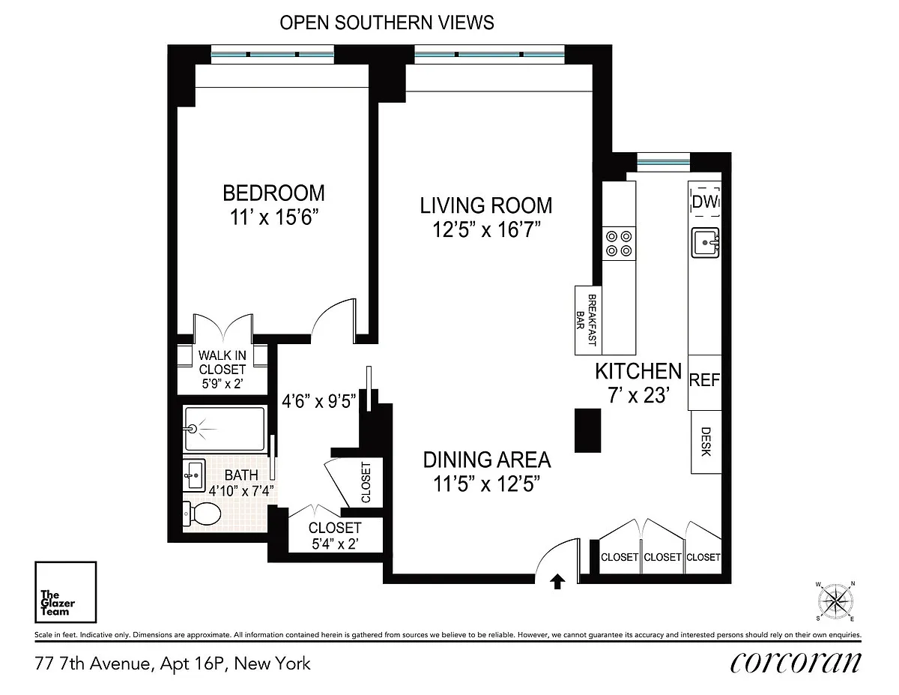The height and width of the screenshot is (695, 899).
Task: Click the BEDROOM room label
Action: coord(273,193)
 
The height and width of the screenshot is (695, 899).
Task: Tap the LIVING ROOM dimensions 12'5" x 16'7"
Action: coord(486,229)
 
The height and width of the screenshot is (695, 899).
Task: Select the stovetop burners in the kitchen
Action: coord(619,244)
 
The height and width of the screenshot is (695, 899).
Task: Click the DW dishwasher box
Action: coord(706,202)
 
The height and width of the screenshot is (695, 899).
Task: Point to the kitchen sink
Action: coord(706,243)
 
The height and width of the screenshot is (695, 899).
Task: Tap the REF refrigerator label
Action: coord(704,380)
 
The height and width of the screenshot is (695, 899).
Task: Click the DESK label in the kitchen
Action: coord(706,442)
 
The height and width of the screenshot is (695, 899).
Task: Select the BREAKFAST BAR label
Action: coord(587,320)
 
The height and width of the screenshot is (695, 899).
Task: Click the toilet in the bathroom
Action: coord(202,514)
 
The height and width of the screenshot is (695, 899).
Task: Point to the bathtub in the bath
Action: coord(225,429)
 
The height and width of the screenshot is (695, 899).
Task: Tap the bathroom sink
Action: coord(194,475)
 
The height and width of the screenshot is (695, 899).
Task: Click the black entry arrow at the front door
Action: coord(557,581)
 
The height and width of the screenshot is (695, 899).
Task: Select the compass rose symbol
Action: coord(835,601)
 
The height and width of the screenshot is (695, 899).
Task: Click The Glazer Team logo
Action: coord(66,592)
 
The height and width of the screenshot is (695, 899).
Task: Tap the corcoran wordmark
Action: coord(796,663)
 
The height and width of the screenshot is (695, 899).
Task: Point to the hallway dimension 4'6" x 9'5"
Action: coord(318,401)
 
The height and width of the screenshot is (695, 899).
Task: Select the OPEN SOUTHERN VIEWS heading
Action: coord(387,22)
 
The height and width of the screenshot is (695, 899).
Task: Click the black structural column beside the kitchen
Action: coord(588,430)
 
